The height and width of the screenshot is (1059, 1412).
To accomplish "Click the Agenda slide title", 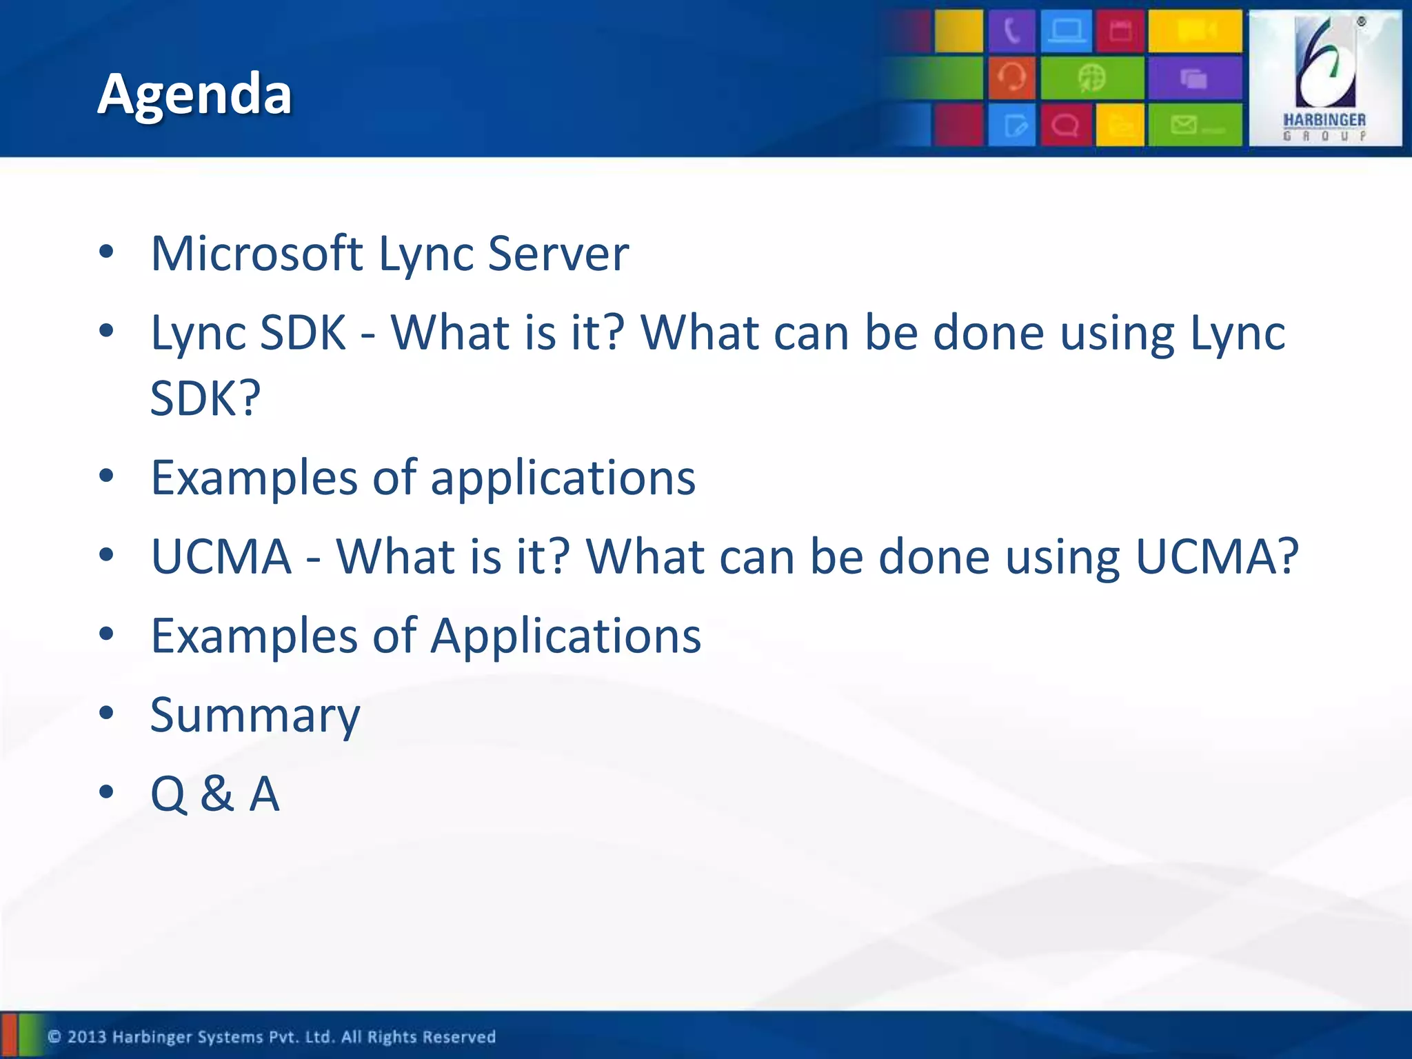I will (x=194, y=94).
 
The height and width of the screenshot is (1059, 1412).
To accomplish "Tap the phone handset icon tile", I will (x=1011, y=32).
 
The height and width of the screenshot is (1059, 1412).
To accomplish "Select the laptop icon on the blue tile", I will (x=1067, y=32).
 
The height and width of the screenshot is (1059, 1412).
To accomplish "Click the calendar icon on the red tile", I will (x=1120, y=32).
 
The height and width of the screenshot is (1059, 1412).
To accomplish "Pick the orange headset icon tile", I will (x=1011, y=77).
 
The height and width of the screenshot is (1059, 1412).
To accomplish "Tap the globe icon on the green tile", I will (x=1092, y=78).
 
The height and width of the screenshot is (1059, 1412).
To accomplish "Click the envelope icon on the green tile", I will (x=1184, y=125).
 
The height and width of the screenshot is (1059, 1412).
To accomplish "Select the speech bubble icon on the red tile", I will (x=1066, y=125).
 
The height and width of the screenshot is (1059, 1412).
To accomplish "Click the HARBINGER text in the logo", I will (x=1324, y=120).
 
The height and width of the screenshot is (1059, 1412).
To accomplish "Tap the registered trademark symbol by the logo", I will (x=1361, y=22).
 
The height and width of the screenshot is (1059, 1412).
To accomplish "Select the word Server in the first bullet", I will (x=558, y=253).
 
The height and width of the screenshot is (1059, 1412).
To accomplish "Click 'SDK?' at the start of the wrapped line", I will (x=205, y=399).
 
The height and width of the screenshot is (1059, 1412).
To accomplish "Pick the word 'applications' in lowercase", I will (x=563, y=478).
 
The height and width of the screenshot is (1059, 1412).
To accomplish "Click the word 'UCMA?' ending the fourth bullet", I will (x=1217, y=556).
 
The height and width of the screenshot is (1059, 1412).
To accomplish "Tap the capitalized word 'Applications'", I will (x=565, y=636).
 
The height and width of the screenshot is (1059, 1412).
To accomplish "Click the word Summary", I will (x=255, y=716).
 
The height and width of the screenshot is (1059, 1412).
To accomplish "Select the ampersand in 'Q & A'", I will (x=216, y=794).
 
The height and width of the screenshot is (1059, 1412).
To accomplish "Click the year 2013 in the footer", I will (x=87, y=1037).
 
